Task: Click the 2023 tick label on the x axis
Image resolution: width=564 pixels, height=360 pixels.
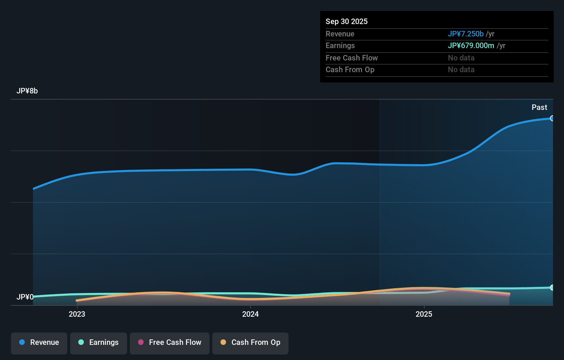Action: pos(77,314)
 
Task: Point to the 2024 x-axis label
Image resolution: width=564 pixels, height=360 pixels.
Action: pos(250,314)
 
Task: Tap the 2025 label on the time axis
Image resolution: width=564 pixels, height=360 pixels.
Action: pos(424,314)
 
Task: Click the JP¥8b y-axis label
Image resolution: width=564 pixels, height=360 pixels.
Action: pos(27,91)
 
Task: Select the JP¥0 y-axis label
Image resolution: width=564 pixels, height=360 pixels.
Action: pos(25,297)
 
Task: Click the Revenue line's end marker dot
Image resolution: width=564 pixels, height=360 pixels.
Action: pos(552,119)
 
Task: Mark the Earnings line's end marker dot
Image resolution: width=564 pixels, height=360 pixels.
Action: pos(552,288)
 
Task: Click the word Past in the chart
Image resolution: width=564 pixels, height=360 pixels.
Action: pos(539,108)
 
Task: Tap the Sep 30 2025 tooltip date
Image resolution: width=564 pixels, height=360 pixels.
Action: pos(347,22)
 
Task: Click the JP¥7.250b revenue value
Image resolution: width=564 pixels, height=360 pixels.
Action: pos(465,34)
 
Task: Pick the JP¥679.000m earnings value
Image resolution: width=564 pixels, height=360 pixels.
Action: pos(471,46)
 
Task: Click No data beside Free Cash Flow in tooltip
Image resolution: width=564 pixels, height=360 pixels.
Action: pos(461,58)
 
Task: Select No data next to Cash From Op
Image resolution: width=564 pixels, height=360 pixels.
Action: pos(461,70)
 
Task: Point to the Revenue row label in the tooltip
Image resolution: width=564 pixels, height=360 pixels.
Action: pos(340,34)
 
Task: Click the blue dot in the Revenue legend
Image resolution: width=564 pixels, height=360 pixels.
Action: pos(22,342)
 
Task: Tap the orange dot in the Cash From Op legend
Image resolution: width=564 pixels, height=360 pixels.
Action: pos(223,342)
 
